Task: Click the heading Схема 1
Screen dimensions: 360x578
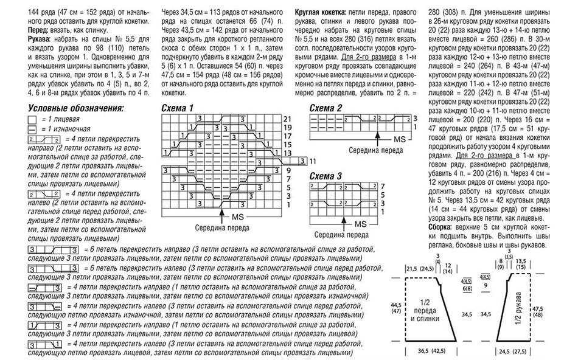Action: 178,108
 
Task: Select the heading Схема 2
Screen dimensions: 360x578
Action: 326,108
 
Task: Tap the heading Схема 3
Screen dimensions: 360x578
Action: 326,176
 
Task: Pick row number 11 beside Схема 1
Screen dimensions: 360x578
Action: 313,161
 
